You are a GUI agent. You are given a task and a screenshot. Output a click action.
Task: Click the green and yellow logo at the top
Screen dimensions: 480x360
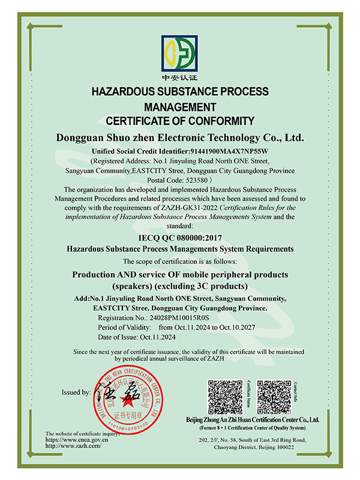click(179, 53)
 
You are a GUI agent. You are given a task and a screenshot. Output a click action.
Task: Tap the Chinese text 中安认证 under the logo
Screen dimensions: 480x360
click(179, 79)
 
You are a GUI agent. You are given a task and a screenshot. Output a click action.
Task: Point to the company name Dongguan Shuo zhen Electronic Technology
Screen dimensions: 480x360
click(179, 137)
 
